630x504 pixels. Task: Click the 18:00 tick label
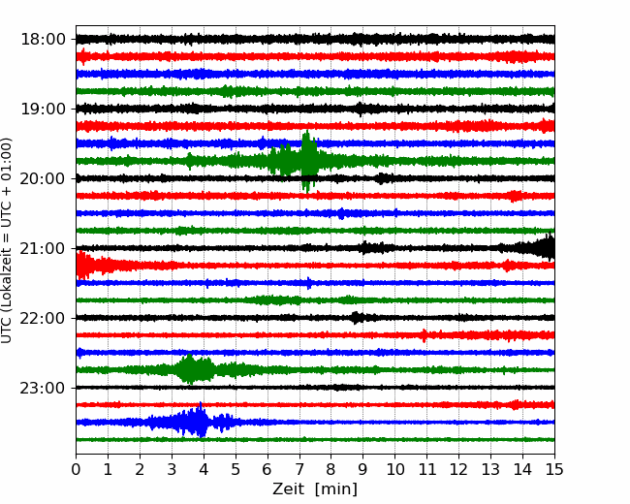(x=43, y=40)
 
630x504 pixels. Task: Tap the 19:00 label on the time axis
(x=43, y=109)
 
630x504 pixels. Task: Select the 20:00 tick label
(x=43, y=178)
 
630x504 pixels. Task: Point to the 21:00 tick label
(x=43, y=248)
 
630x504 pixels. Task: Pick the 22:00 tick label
(x=43, y=318)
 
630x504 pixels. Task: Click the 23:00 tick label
(x=43, y=388)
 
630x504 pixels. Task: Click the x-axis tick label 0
(x=76, y=469)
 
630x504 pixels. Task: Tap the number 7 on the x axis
(x=299, y=469)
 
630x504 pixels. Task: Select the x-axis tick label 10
(x=394, y=469)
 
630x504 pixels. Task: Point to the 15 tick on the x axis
(x=554, y=469)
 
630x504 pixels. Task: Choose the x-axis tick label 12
(x=458, y=469)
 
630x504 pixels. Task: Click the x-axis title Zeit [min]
(x=315, y=489)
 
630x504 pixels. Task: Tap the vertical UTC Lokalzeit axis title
(x=7, y=240)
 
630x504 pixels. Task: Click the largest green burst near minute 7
(x=307, y=161)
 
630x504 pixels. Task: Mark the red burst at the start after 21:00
(x=84, y=266)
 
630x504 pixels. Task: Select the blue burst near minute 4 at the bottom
(x=196, y=421)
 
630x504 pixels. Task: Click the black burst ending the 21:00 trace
(x=538, y=247)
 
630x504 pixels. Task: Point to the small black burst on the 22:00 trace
(x=357, y=318)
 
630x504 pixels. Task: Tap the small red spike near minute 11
(x=425, y=334)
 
